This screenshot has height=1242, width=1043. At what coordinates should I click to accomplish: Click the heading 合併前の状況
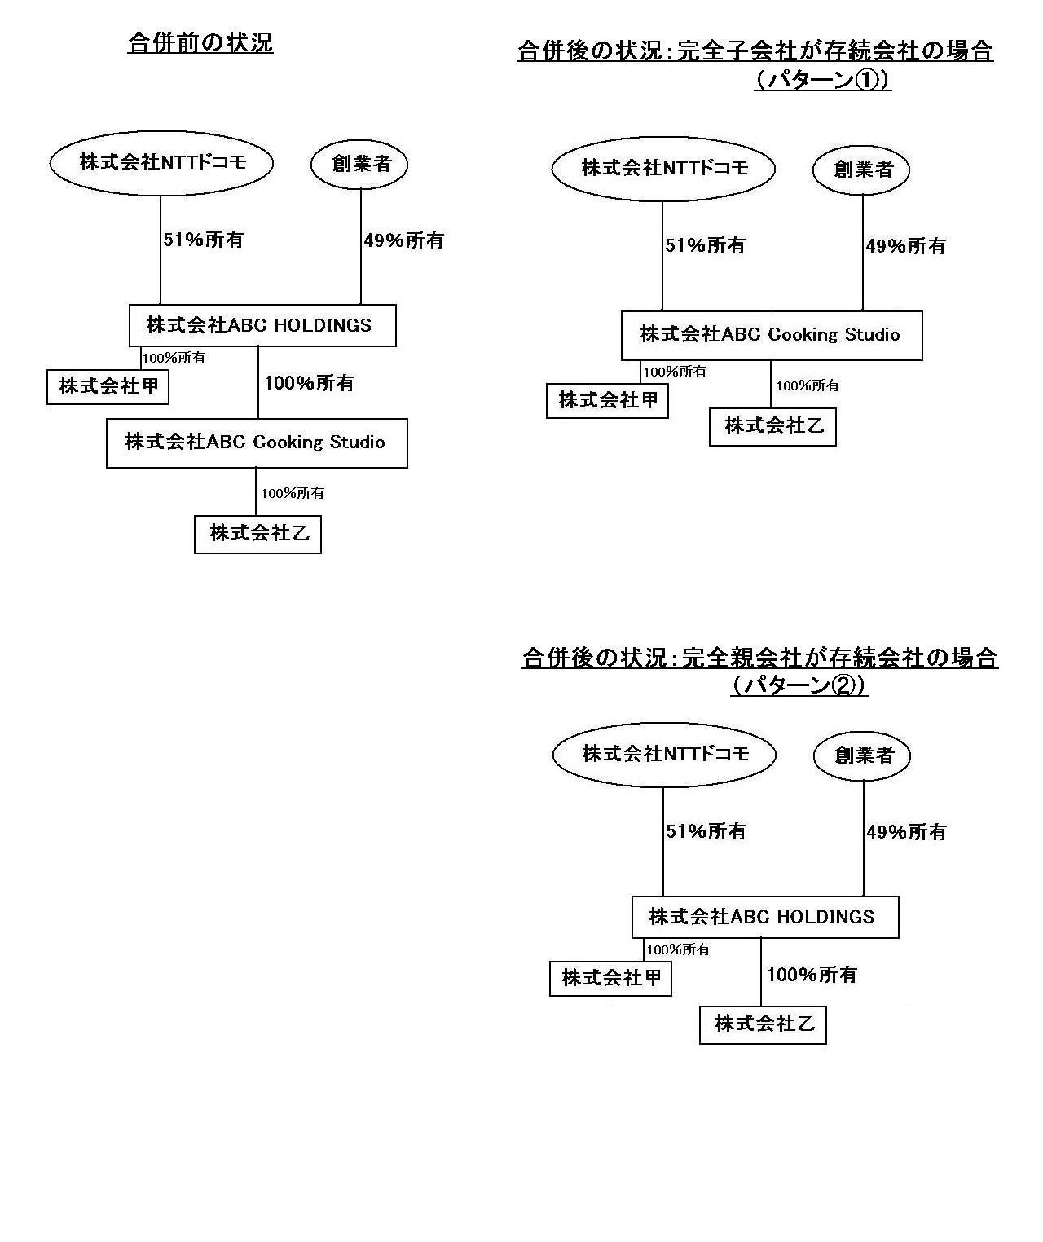[200, 43]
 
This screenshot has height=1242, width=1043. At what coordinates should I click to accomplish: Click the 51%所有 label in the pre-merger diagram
[204, 240]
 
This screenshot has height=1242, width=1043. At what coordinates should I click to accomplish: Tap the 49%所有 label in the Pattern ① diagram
[905, 245]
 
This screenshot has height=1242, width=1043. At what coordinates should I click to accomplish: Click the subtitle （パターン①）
[822, 79]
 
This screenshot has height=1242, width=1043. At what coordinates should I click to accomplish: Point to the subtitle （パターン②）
[799, 685]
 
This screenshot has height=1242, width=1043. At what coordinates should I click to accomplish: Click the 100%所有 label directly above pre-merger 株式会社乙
[293, 493]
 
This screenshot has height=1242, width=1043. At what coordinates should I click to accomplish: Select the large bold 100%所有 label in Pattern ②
[812, 975]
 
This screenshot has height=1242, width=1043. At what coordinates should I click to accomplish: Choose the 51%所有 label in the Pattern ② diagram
[706, 831]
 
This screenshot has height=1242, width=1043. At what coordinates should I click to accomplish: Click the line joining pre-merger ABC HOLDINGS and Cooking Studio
[258, 382]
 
